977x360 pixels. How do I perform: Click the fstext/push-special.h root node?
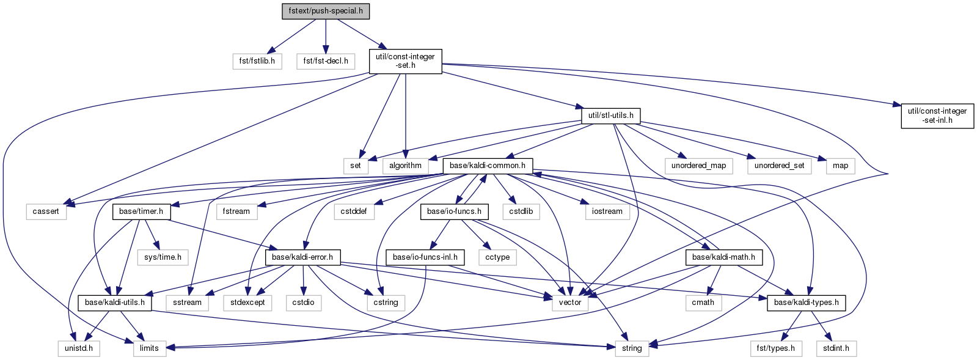click(x=326, y=11)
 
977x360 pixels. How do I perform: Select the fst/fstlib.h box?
click(x=257, y=61)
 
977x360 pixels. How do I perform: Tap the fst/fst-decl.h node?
click(x=326, y=61)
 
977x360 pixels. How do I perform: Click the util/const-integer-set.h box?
click(x=405, y=61)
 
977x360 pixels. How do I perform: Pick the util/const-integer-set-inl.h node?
click(x=937, y=116)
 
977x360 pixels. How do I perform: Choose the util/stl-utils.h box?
click(x=610, y=115)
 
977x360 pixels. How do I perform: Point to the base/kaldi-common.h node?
click(x=488, y=166)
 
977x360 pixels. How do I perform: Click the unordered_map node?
click(x=698, y=166)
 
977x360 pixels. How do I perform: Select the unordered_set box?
click(x=779, y=166)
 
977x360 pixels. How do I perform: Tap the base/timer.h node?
click(x=141, y=211)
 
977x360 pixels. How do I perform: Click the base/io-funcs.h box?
click(x=454, y=211)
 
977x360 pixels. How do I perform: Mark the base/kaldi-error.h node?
click(x=302, y=257)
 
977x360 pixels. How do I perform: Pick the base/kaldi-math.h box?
click(x=723, y=257)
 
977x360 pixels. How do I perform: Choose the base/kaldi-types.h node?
click(x=806, y=303)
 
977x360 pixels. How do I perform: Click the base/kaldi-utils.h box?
click(x=115, y=303)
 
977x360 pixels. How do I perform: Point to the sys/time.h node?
click(x=163, y=257)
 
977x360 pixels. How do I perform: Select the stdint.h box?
click(x=836, y=348)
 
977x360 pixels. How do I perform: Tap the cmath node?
click(x=703, y=303)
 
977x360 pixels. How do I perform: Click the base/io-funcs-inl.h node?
click(x=425, y=257)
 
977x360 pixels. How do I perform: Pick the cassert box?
click(x=46, y=211)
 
